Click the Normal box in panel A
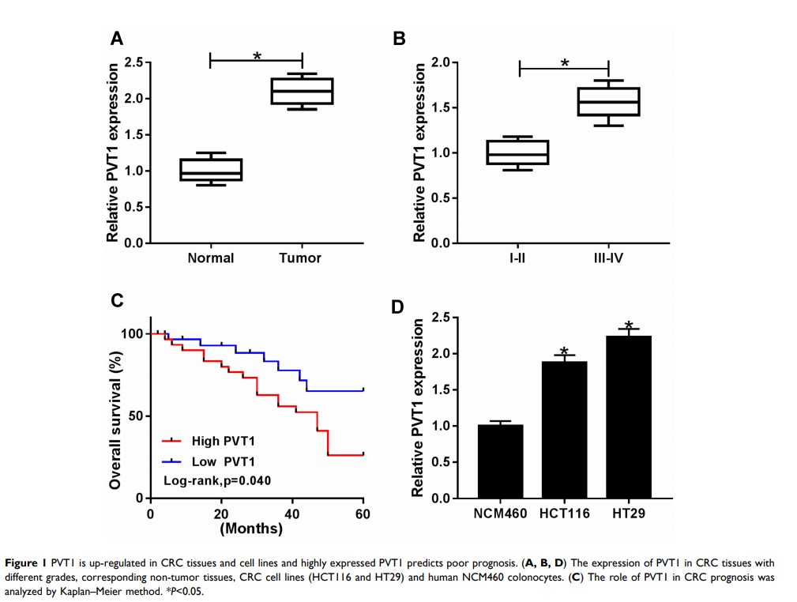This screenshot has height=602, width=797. coord(211,169)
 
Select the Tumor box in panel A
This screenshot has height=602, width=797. coord(302,91)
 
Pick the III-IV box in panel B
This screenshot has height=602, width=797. coord(608,101)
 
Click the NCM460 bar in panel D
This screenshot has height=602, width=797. coord(500,461)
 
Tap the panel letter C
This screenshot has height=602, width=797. coord(116,300)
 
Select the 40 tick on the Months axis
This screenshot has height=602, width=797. coord(292,511)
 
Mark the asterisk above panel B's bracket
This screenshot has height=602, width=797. coord(565,62)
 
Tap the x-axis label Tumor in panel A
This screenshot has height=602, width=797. coord(300,258)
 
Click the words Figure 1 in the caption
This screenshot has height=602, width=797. coord(26,562)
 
